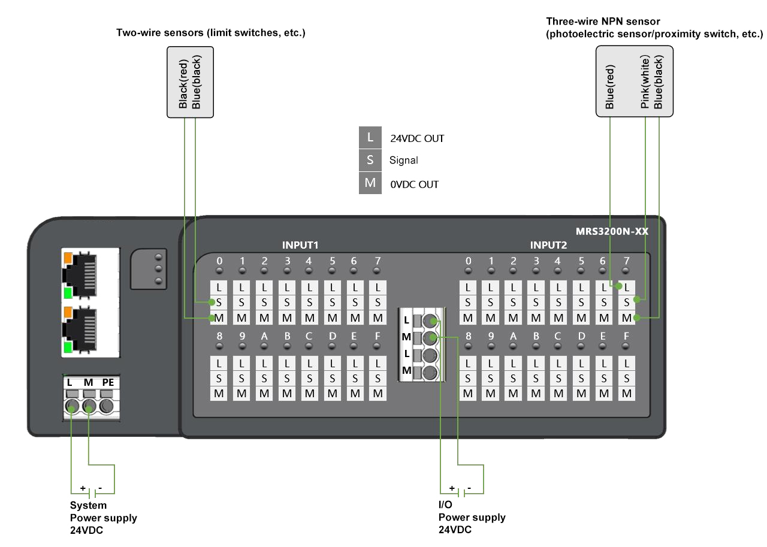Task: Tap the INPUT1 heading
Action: pos(300,245)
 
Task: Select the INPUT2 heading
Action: pos(548,245)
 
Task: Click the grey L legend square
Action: pos(370,138)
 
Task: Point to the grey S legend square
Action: pos(370,160)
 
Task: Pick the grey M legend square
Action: pos(370,183)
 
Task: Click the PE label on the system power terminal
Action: pos(108,382)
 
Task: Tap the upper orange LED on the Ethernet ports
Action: pos(67,258)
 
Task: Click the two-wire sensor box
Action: pos(190,82)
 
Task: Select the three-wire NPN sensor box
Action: pos(634,82)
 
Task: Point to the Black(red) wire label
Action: pos(184,83)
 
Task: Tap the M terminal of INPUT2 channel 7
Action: pos(627,317)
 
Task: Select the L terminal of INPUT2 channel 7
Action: pos(627,287)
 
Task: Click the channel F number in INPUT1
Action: pos(377,337)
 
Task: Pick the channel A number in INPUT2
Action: pos(513,337)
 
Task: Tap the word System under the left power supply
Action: pos(88,506)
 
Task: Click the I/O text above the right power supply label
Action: pos(445,506)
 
